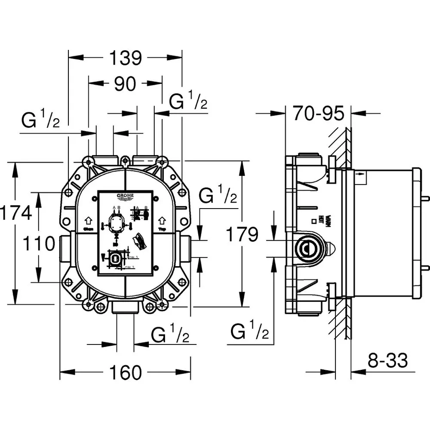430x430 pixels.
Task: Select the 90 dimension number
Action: tap(125, 84)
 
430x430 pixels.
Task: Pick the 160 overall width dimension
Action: tap(125, 372)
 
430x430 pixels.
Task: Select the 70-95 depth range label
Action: tap(319, 114)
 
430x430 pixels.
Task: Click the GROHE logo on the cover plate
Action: tap(125, 197)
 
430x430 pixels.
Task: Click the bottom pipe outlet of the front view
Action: tap(125, 308)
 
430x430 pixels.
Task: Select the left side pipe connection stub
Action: tap(65, 249)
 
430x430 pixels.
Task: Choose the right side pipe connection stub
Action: tap(185, 249)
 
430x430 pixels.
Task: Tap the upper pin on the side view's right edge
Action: tap(426, 198)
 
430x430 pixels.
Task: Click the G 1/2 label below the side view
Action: tap(249, 332)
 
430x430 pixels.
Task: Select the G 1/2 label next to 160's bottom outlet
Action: tap(170, 335)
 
